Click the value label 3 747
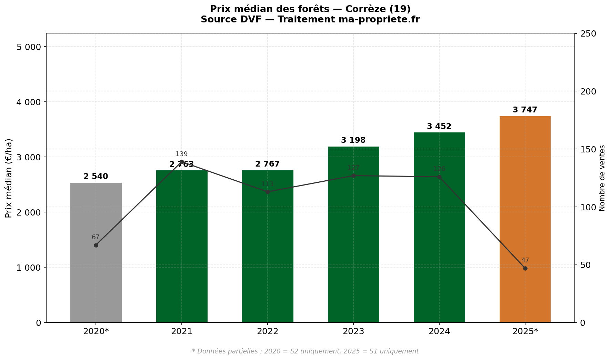tap(525, 110)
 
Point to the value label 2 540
tap(96, 177)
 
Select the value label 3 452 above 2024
tap(439, 127)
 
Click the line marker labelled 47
tap(525, 268)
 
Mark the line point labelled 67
tap(96, 245)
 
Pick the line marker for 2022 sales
tap(268, 192)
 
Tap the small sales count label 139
tap(182, 154)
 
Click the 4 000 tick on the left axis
tap(29, 102)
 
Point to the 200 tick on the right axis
tap(589, 91)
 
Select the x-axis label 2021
tap(182, 332)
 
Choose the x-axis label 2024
tap(439, 332)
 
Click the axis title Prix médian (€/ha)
tap(9, 178)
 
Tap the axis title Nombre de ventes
tap(602, 178)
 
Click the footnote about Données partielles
tap(305, 351)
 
